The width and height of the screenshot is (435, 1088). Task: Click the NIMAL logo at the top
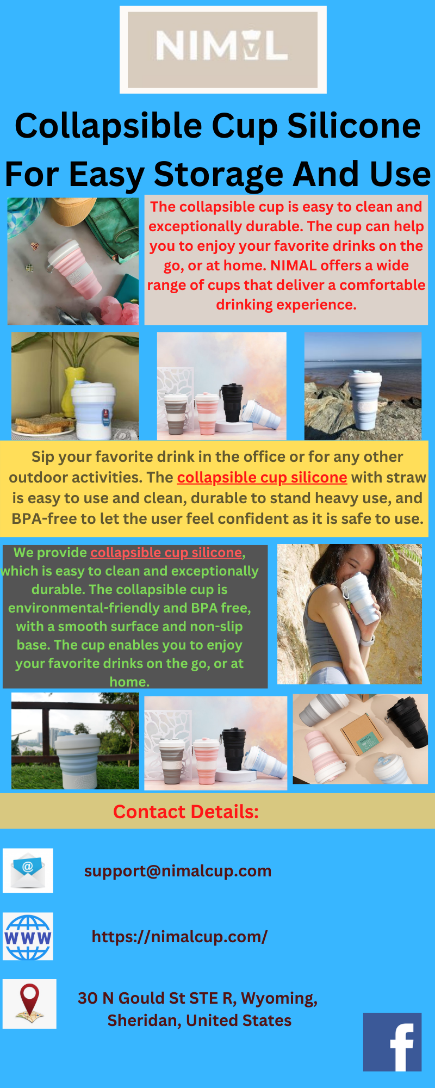pyautogui.click(x=222, y=50)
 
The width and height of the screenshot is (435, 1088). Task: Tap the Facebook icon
pyautogui.click(x=392, y=1042)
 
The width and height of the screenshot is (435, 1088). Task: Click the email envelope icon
pyautogui.click(x=28, y=870)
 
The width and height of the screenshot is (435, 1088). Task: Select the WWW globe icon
pyautogui.click(x=28, y=936)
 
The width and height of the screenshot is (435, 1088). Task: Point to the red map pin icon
pyautogui.click(x=29, y=1004)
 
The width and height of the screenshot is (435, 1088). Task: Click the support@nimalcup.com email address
pyautogui.click(x=177, y=871)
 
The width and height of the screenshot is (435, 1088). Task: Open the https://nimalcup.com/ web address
pyautogui.click(x=179, y=936)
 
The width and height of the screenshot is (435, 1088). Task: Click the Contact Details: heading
pyautogui.click(x=185, y=812)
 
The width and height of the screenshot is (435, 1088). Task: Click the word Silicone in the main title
pyautogui.click(x=354, y=126)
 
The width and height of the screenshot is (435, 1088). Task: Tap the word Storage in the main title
pyautogui.click(x=218, y=174)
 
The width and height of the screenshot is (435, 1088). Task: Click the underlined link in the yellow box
pyautogui.click(x=262, y=478)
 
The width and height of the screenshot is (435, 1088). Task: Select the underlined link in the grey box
pyautogui.click(x=166, y=553)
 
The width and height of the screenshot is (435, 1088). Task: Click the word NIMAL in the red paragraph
pyautogui.click(x=293, y=265)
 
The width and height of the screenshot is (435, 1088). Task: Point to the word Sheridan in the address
pyautogui.click(x=143, y=1021)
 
